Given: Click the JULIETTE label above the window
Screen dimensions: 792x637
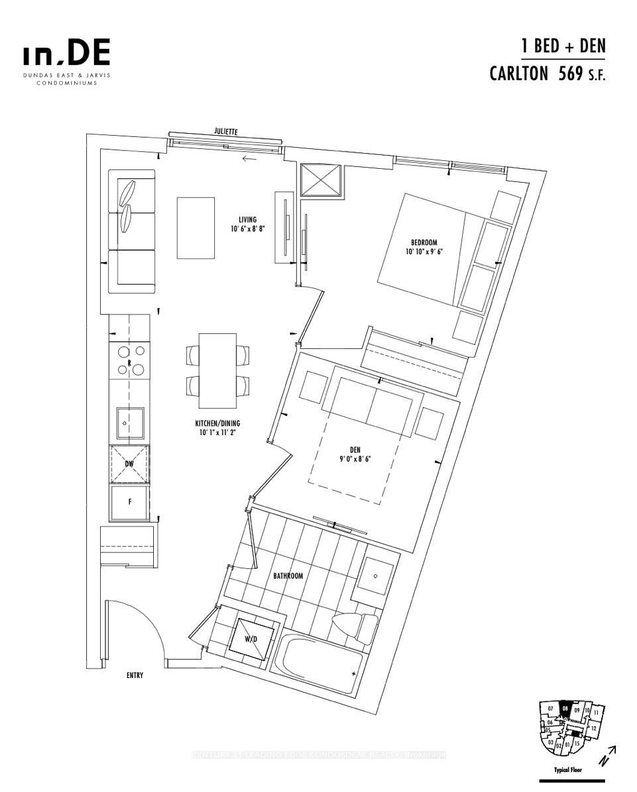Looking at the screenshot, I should tap(225, 132).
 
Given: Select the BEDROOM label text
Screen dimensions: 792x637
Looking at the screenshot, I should tap(424, 242).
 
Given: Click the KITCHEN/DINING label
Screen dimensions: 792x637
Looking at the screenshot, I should tap(217, 423).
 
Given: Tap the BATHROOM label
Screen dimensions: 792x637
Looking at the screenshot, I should tap(288, 575).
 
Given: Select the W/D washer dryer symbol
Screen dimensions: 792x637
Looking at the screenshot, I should tap(251, 639).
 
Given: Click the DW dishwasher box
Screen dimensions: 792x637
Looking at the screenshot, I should tap(130, 464).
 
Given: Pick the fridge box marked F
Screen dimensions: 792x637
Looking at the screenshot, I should tap(130, 502).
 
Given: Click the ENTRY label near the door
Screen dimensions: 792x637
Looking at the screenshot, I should tap(135, 675).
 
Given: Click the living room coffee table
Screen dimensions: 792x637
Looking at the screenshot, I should tap(196, 228).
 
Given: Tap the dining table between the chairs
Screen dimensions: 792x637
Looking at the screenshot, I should tap(218, 371).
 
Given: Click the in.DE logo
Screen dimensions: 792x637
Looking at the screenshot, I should tap(66, 54).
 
